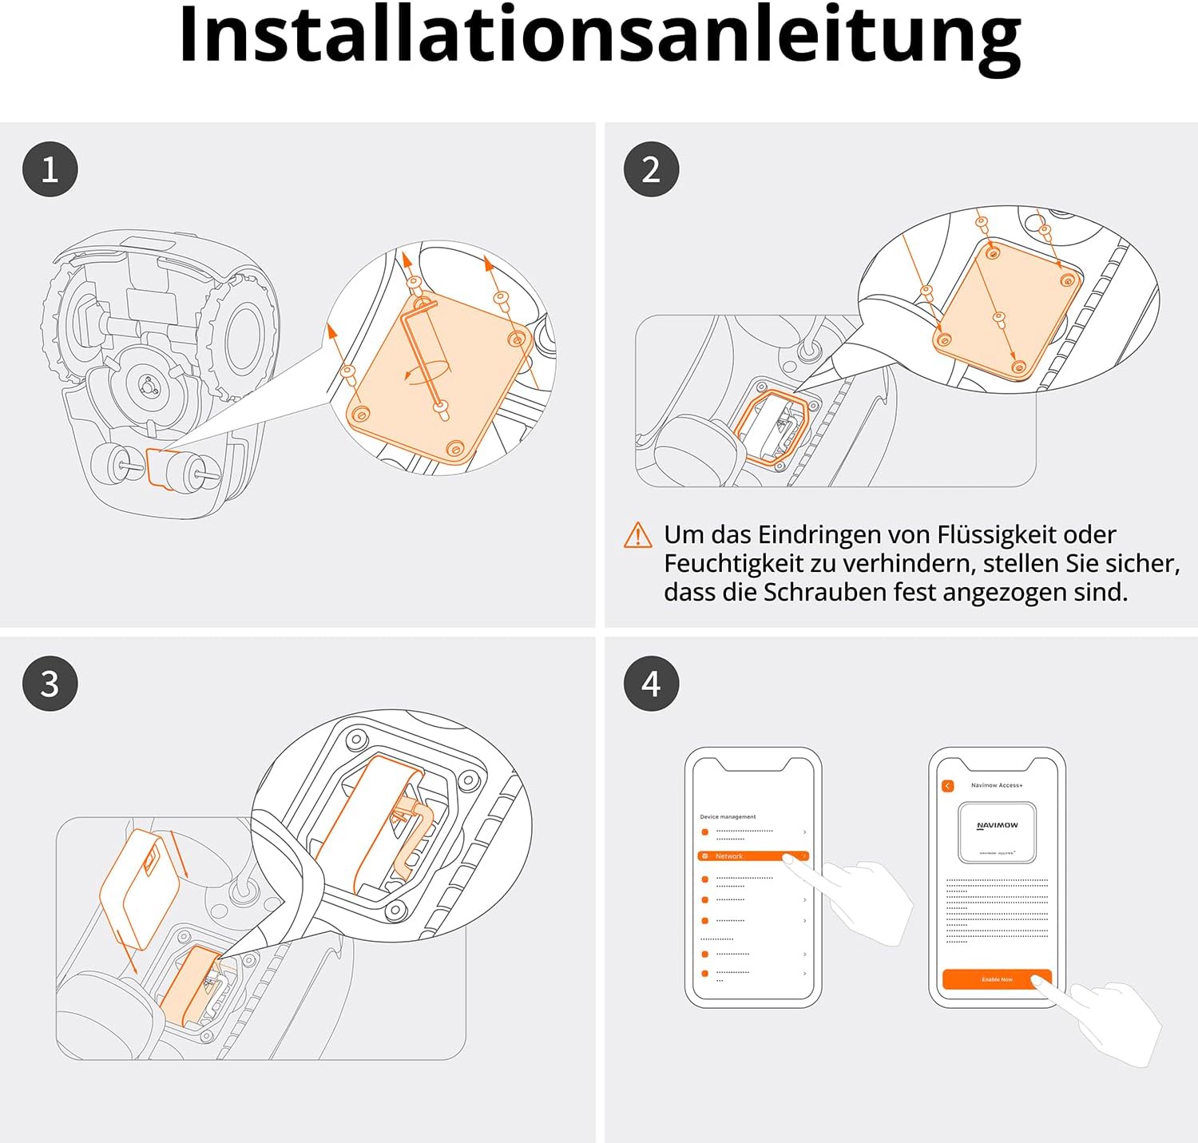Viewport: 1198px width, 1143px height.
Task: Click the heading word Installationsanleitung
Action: [599, 36]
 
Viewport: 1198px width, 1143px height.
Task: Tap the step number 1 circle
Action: [50, 169]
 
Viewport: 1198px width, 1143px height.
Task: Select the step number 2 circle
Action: [651, 169]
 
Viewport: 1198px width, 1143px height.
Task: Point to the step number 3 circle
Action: [50, 684]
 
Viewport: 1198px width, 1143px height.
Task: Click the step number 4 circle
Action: [651, 684]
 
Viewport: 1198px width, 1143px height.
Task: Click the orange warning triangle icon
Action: [637, 535]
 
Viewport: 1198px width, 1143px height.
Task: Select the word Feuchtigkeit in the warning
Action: [733, 563]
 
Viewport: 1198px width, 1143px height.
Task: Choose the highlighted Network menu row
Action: [752, 856]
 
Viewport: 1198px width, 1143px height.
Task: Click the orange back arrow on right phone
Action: [948, 786]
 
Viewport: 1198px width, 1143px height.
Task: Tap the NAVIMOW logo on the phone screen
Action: [997, 826]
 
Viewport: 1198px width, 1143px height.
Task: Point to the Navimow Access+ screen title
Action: [997, 785]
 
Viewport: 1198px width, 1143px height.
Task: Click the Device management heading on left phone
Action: [728, 816]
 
